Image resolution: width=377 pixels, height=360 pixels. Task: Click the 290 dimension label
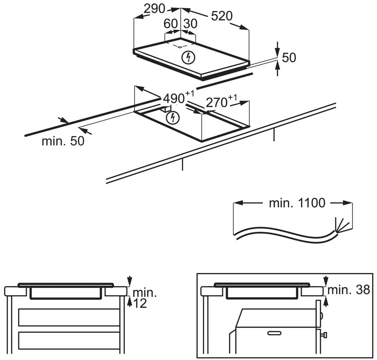pyautogui.click(x=154, y=9)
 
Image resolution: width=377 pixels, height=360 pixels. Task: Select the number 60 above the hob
pyautogui.click(x=170, y=24)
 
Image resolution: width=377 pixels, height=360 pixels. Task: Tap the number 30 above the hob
pyautogui.click(x=191, y=24)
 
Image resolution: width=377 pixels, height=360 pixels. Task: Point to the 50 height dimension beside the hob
pyautogui.click(x=289, y=58)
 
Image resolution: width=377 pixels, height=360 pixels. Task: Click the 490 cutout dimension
pyautogui.click(x=174, y=98)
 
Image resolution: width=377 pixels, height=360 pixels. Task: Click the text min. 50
pyautogui.click(x=63, y=141)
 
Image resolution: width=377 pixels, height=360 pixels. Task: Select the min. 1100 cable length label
pyautogui.click(x=297, y=203)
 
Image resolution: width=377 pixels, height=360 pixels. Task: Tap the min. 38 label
pyautogui.click(x=349, y=290)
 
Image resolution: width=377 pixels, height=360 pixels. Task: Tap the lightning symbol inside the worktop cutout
pyautogui.click(x=172, y=117)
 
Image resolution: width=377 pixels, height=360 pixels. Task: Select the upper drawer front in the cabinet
pyautogui.click(x=69, y=317)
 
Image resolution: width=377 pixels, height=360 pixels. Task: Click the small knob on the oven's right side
pyautogui.click(x=324, y=334)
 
